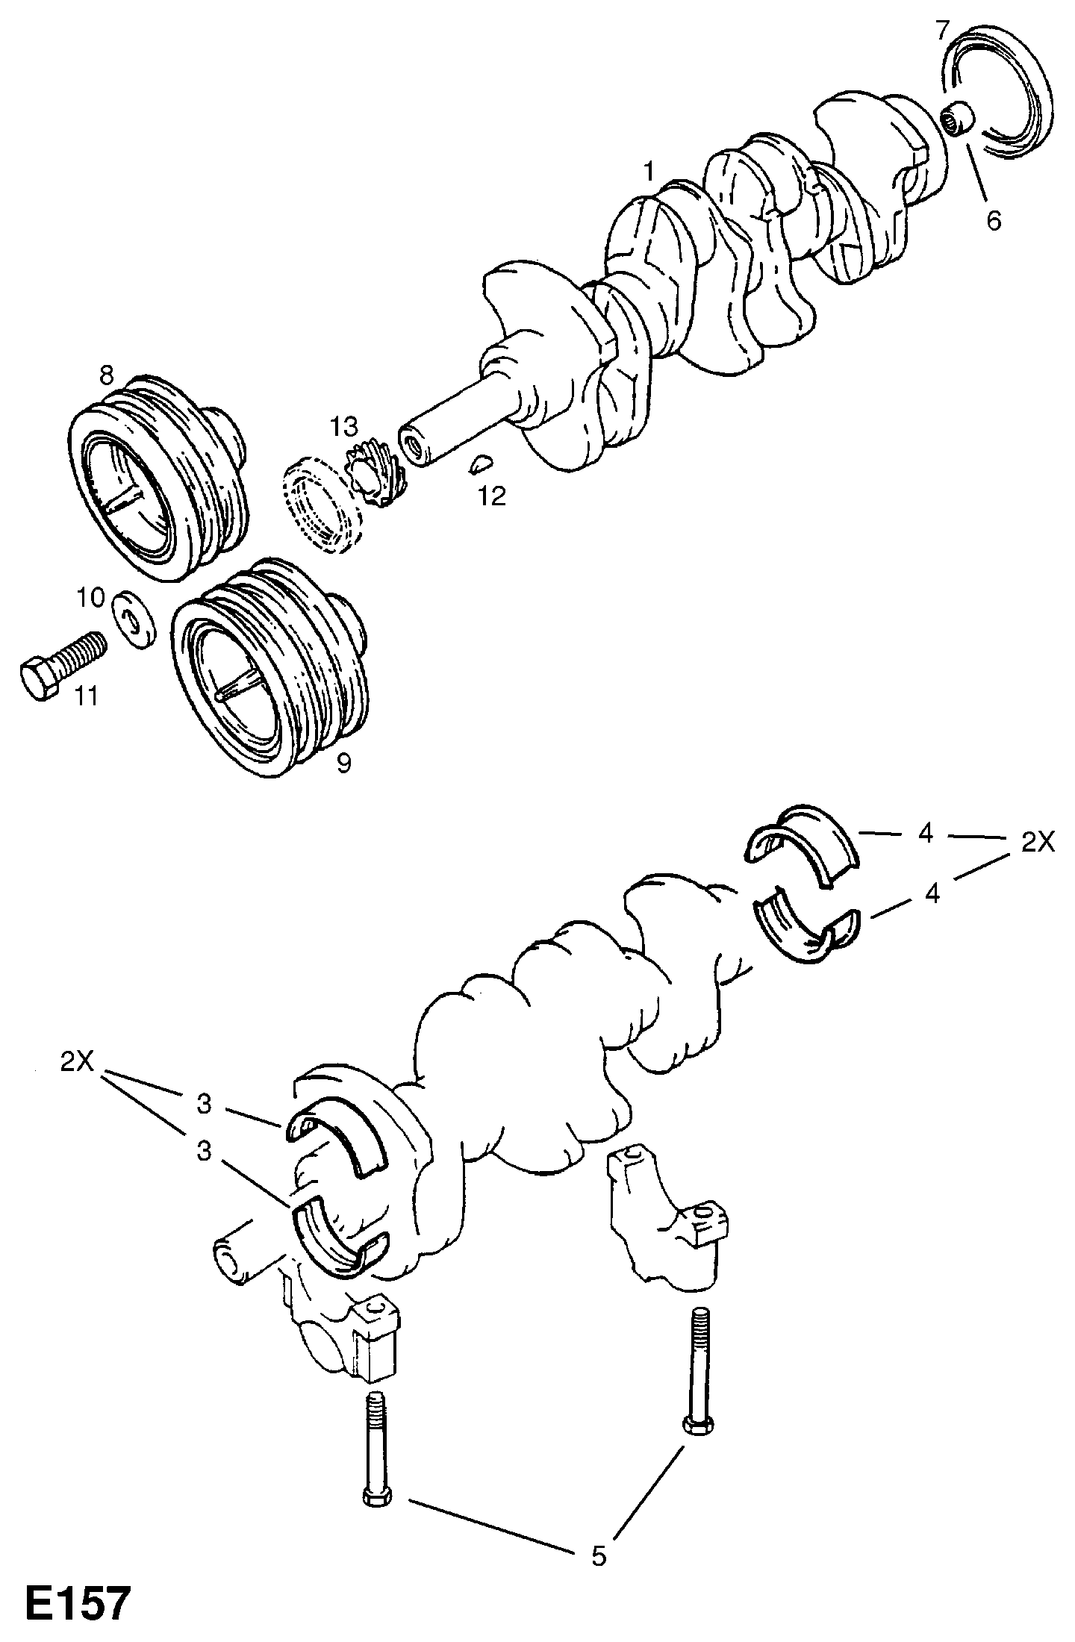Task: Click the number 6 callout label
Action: (994, 221)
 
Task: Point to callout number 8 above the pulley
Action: (107, 375)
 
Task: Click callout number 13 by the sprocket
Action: (346, 427)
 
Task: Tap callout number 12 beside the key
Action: (492, 496)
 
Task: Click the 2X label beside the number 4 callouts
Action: (1037, 842)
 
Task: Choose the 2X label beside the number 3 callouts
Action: (77, 1061)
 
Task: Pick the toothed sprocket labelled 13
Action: (376, 472)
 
